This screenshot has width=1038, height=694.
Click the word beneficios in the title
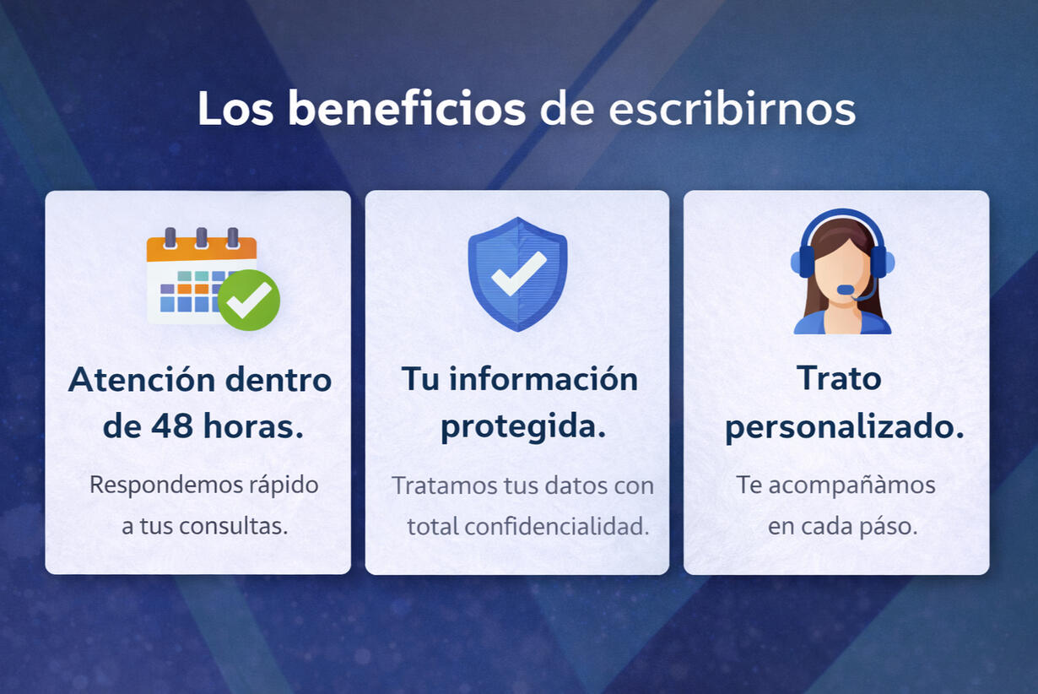pyautogui.click(x=407, y=108)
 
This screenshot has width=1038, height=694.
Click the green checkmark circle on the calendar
pyautogui.click(x=249, y=300)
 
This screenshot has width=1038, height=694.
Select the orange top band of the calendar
pyautogui.click(x=202, y=249)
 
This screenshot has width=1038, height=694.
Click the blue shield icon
pyautogui.click(x=517, y=274)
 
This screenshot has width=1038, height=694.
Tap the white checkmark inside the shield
pyautogui.click(x=519, y=274)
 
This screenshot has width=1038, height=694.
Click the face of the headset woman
pyautogui.click(x=842, y=274)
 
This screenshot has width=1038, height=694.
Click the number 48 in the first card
pyautogui.click(x=172, y=426)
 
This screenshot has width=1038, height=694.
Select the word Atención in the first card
pyautogui.click(x=142, y=379)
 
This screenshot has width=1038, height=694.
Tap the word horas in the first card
pyautogui.click(x=253, y=426)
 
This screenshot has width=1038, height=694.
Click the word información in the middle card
pyautogui.click(x=543, y=379)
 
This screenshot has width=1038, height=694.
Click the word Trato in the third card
pyautogui.click(x=839, y=378)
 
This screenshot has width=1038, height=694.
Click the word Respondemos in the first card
pyautogui.click(x=166, y=485)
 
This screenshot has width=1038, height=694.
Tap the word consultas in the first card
pyautogui.click(x=234, y=526)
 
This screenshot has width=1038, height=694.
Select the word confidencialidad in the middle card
pyautogui.click(x=556, y=526)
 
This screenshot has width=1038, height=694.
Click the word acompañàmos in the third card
pyautogui.click(x=852, y=485)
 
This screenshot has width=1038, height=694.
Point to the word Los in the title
pyautogui.click(x=235, y=108)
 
